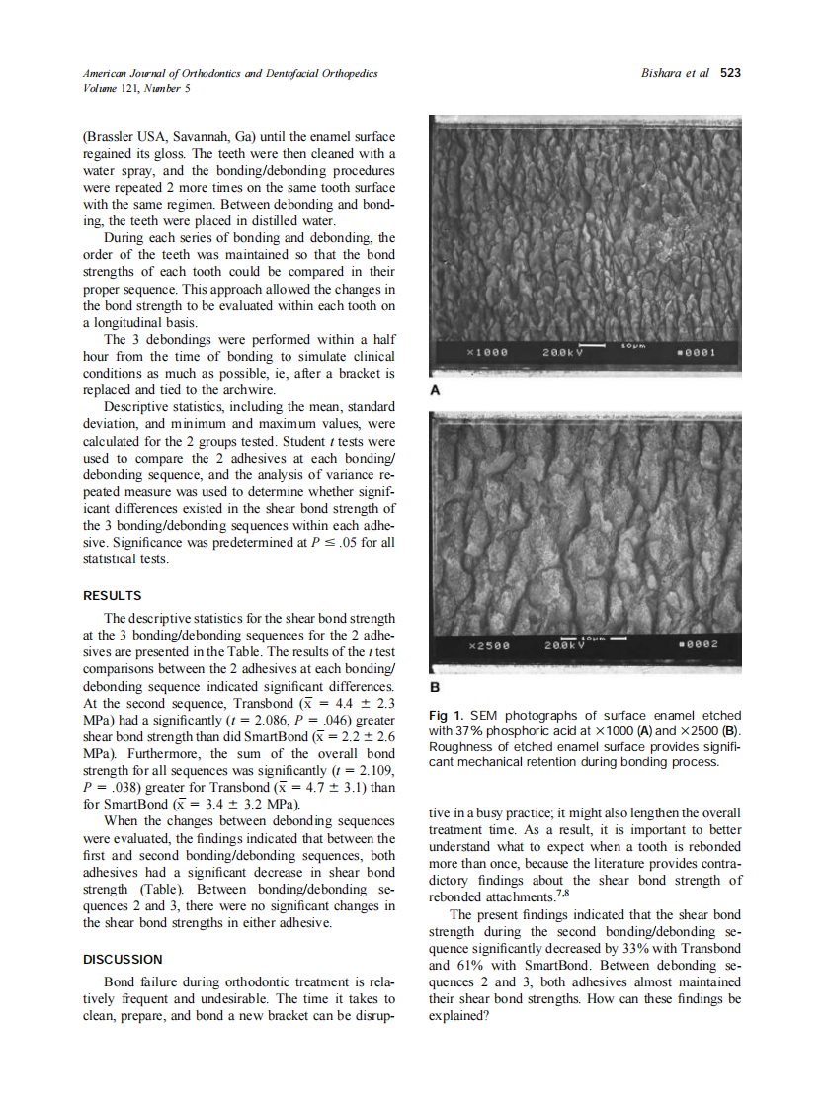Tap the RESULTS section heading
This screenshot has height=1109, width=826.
pyautogui.click(x=112, y=596)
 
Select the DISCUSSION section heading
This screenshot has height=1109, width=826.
pyautogui.click(x=123, y=959)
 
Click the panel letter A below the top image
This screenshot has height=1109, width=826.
pyautogui.click(x=435, y=391)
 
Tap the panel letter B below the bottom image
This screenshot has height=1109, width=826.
pyautogui.click(x=435, y=686)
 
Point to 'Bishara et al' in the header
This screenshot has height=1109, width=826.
pyautogui.click(x=676, y=73)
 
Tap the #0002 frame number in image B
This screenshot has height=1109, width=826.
pyautogui.click(x=700, y=645)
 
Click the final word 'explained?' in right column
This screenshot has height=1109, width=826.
pyautogui.click(x=459, y=1014)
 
